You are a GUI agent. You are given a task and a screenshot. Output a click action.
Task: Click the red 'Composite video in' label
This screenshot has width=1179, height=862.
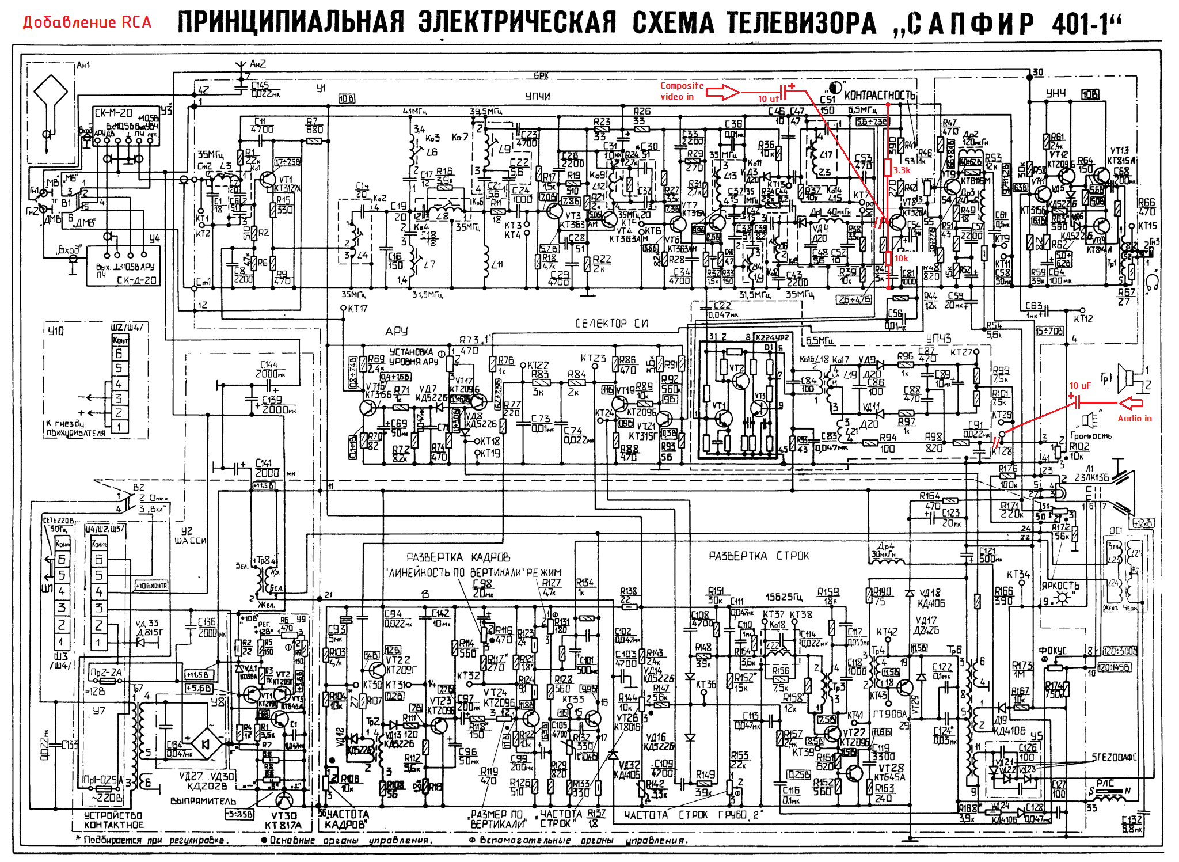(682, 91)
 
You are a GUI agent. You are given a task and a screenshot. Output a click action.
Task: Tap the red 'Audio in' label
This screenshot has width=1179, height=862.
(1135, 419)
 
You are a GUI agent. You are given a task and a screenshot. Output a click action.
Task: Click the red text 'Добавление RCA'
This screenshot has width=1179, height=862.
(87, 22)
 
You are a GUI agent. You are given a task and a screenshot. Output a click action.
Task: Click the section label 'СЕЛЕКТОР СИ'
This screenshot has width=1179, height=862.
(611, 324)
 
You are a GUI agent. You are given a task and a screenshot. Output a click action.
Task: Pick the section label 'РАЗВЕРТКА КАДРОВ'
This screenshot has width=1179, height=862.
(458, 557)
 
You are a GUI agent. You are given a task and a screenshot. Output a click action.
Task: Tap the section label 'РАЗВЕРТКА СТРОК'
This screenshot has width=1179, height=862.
(758, 556)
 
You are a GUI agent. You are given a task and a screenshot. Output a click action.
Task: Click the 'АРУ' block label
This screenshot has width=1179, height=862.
(397, 331)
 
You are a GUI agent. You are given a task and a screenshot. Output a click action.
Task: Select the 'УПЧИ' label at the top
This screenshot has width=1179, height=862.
(538, 96)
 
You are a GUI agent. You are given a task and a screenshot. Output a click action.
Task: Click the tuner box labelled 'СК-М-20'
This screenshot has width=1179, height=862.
(113, 113)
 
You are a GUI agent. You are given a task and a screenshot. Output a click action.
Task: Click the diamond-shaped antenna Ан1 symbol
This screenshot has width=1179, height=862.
(51, 93)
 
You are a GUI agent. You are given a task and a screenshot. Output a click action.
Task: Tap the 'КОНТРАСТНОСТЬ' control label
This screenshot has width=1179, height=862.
(879, 96)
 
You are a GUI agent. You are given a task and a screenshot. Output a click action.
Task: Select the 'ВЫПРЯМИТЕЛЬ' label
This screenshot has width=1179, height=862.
(203, 801)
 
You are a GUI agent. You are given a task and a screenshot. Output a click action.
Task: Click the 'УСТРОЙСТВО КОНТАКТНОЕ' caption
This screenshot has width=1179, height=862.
(113, 820)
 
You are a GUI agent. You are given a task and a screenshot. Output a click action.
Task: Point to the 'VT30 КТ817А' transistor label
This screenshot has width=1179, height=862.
(284, 821)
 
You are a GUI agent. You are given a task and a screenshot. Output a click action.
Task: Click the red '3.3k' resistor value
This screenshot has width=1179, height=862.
(902, 170)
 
